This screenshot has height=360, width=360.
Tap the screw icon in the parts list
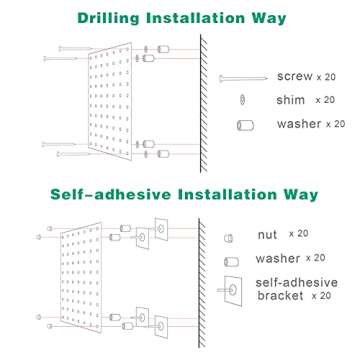click(245, 77)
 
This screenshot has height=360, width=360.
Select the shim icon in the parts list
click(241, 100)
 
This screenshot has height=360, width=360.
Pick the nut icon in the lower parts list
click(230, 235)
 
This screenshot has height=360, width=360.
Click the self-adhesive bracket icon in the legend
click(235, 289)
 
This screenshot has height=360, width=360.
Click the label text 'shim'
click(289, 100)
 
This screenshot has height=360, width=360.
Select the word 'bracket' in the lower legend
click(281, 297)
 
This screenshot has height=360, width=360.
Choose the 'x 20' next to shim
click(324, 100)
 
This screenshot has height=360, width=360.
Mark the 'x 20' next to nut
click(297, 234)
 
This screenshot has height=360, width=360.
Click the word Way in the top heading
click(267, 17)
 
